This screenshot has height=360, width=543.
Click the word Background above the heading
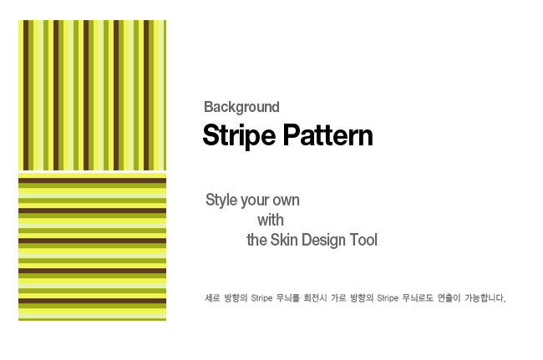click(241, 107)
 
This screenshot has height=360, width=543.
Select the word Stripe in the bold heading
click(239, 135)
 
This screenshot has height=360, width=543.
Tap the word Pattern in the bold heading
click(328, 135)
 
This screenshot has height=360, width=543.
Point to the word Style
click(221, 200)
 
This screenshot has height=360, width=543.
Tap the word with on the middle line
click(271, 220)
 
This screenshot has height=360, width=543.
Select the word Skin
click(284, 240)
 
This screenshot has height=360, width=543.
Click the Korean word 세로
click(212, 298)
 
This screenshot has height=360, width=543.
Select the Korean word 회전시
click(315, 298)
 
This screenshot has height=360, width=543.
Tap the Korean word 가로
click(338, 298)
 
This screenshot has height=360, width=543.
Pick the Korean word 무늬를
click(287, 298)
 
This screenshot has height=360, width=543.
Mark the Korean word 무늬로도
click(418, 298)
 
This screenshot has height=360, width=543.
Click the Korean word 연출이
click(449, 298)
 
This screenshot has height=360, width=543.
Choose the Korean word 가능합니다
click(485, 298)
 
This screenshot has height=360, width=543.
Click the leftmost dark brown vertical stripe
click(26, 95)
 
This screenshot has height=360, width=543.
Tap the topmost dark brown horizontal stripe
click(92, 180)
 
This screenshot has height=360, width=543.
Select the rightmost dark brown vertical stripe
click(146, 95)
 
